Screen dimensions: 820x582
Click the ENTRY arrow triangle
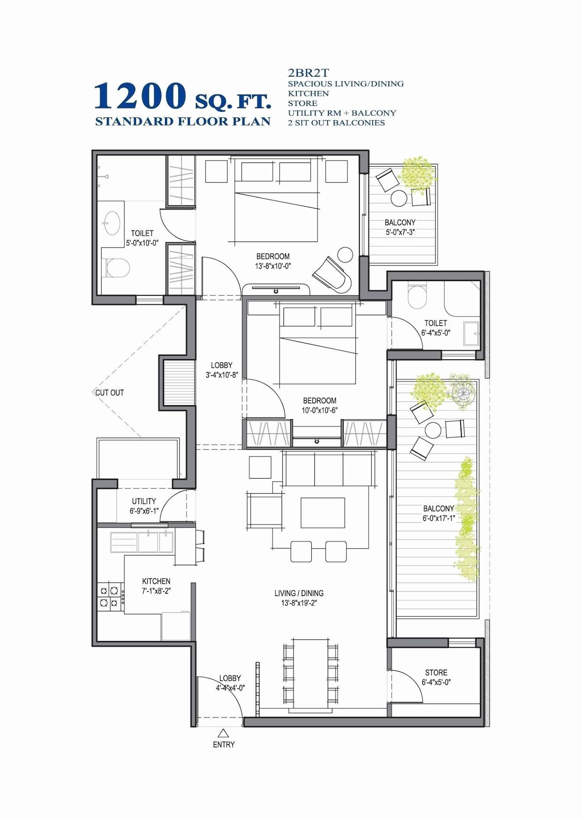223,734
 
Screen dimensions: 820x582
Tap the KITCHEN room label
156,581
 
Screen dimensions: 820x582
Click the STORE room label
436,673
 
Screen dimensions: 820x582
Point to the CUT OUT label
109,393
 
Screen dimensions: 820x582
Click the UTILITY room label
144,501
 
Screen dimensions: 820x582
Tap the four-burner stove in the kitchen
109,596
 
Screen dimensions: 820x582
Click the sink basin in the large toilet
111,223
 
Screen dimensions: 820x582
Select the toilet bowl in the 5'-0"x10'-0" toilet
118,268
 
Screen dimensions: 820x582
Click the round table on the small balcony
399,198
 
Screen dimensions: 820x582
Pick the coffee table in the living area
323,513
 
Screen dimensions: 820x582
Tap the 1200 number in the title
140,96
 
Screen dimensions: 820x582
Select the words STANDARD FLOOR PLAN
183,122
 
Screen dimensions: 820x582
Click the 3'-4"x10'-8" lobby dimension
221,375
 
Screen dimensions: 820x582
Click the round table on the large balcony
433,430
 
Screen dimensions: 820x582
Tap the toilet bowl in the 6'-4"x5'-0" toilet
417,297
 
